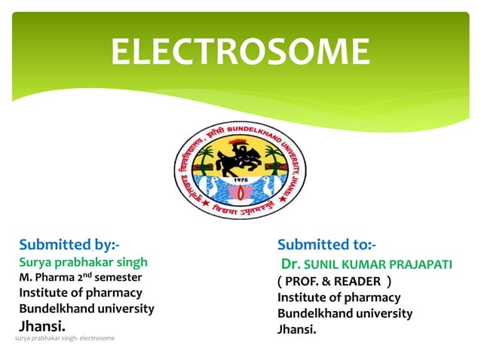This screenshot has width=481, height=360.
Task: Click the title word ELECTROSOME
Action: (x=240, y=51)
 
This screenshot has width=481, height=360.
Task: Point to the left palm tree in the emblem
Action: (x=205, y=157)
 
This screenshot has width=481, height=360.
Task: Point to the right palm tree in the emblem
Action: (x=274, y=157)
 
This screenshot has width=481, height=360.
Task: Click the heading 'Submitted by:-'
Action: (x=69, y=244)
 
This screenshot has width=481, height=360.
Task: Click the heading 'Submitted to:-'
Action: (x=326, y=244)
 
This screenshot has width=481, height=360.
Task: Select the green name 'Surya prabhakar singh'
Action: (x=83, y=262)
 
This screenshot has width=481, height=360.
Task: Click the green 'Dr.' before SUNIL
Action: (x=290, y=264)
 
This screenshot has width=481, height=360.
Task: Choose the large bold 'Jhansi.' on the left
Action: (x=42, y=326)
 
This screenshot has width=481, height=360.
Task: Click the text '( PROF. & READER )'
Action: (x=334, y=282)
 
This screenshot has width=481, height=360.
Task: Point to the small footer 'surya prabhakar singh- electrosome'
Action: (x=65, y=338)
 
